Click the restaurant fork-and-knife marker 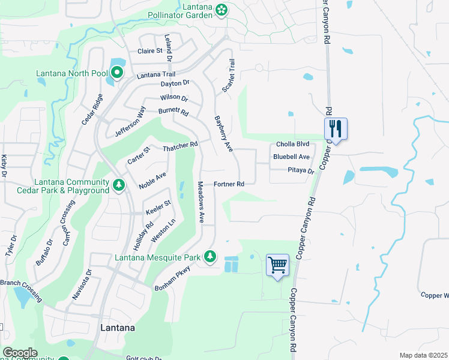point(336,128)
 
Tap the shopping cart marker point(277,264)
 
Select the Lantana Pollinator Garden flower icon point(222,9)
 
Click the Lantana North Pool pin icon point(116,74)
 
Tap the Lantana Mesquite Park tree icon point(209,257)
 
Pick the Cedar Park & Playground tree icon point(119,185)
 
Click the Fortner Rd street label point(229,184)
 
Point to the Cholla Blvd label point(292,145)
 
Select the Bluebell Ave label point(291,157)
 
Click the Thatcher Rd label point(180,146)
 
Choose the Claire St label point(151,52)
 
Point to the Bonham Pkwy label point(175,278)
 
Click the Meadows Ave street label point(202,202)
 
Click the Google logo point(20,353)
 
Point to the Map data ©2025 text point(423,355)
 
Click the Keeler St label point(158,207)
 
